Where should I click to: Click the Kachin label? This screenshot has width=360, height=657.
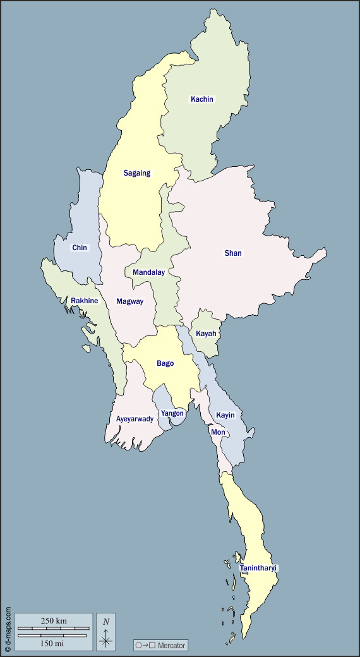tap(202, 99)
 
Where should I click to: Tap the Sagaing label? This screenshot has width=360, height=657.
tap(137, 173)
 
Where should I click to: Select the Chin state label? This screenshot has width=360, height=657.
tap(80, 248)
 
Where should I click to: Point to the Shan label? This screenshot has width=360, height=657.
tap(233, 253)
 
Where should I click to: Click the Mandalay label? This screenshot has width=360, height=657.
tap(148, 272)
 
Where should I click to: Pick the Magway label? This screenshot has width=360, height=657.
tap(129, 301)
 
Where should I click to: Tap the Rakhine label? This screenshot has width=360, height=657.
tap(85, 301)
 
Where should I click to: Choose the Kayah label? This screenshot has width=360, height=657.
tap(206, 334)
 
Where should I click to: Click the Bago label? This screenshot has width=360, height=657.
tap(165, 363)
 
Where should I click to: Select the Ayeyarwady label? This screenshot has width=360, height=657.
tap(135, 419)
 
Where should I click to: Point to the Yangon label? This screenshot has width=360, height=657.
tap(172, 413)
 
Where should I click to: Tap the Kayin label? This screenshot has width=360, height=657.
tap(225, 415)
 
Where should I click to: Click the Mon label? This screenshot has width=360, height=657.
tap(218, 432)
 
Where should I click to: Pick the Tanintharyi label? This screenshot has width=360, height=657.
tap(259, 568)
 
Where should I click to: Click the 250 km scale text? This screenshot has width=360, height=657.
tap(53, 620)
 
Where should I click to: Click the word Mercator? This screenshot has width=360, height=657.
tap(172, 646)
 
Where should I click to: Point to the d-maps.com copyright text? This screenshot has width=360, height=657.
tap(8, 629)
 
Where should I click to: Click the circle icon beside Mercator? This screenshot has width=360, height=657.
tap(138, 646)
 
